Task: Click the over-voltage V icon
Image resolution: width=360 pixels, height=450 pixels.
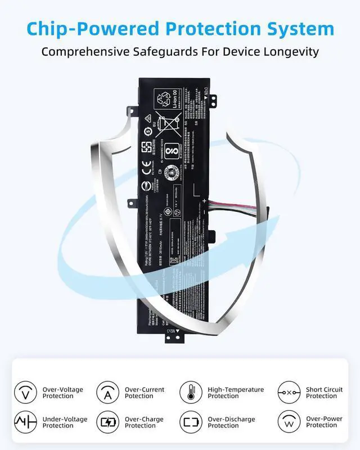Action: [x=25, y=392]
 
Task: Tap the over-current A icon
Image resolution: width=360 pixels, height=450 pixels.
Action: [x=107, y=392]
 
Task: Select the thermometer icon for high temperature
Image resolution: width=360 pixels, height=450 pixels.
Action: [x=191, y=392]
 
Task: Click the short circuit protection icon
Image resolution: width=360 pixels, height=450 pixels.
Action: [x=289, y=392]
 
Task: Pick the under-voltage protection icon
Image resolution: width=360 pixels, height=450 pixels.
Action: [x=25, y=422]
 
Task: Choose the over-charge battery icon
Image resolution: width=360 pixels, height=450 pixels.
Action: [x=107, y=422]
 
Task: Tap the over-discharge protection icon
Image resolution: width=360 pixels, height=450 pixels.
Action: [x=191, y=422]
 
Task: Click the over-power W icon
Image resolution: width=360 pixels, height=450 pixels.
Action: [x=289, y=422]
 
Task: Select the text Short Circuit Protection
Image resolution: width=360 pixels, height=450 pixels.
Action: [x=324, y=393]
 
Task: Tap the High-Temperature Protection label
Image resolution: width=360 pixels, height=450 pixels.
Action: [x=236, y=393]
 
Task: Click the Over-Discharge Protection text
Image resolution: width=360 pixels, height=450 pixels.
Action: [x=231, y=422]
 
